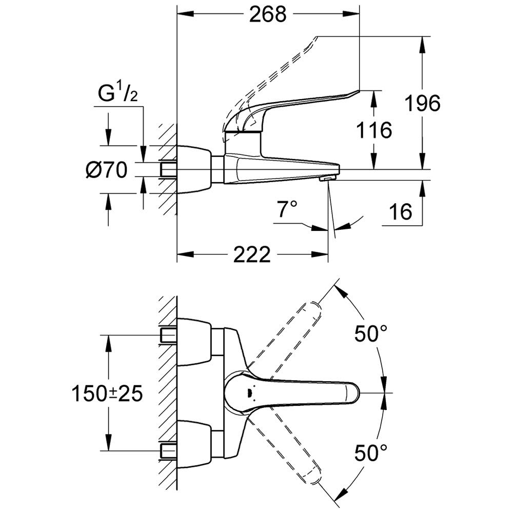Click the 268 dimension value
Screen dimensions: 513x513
267,15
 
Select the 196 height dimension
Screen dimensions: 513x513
422,104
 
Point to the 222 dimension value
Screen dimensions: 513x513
252,254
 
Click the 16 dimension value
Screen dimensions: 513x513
400,210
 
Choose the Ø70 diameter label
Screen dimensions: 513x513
107,170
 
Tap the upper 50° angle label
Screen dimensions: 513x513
370,334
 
